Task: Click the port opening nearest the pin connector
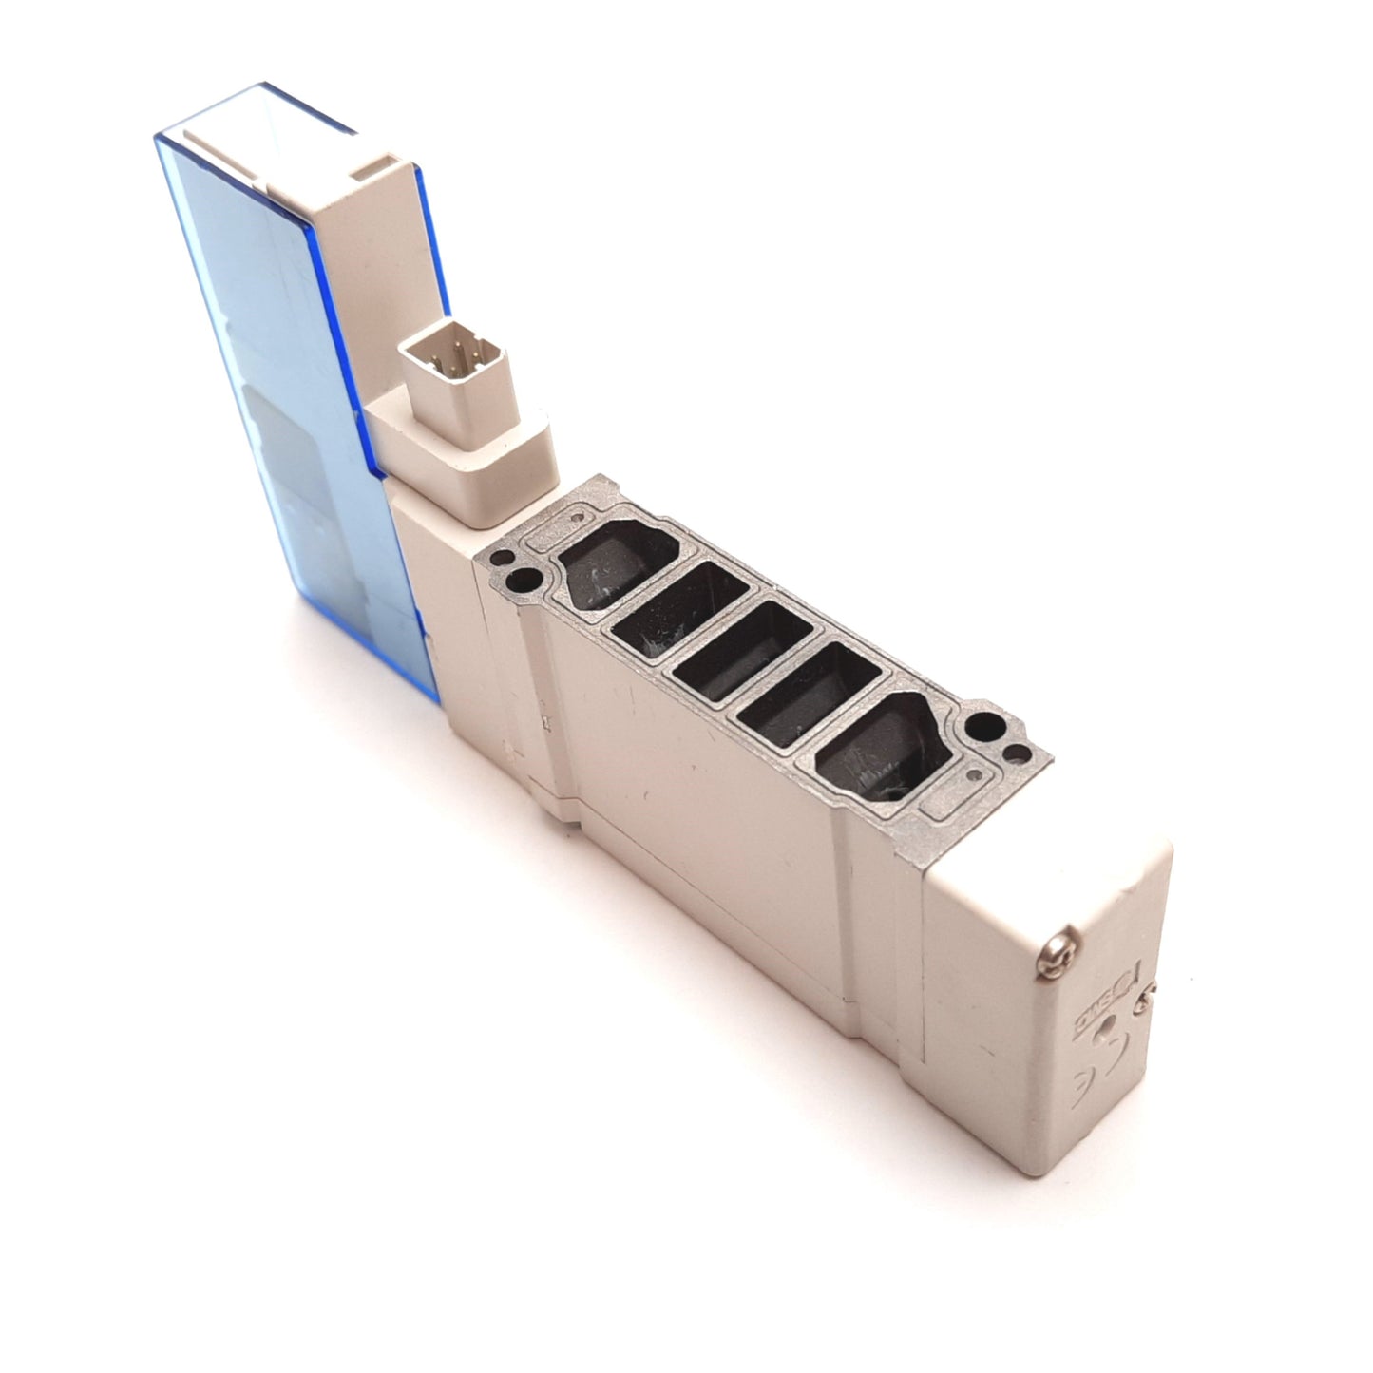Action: (603, 562)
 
